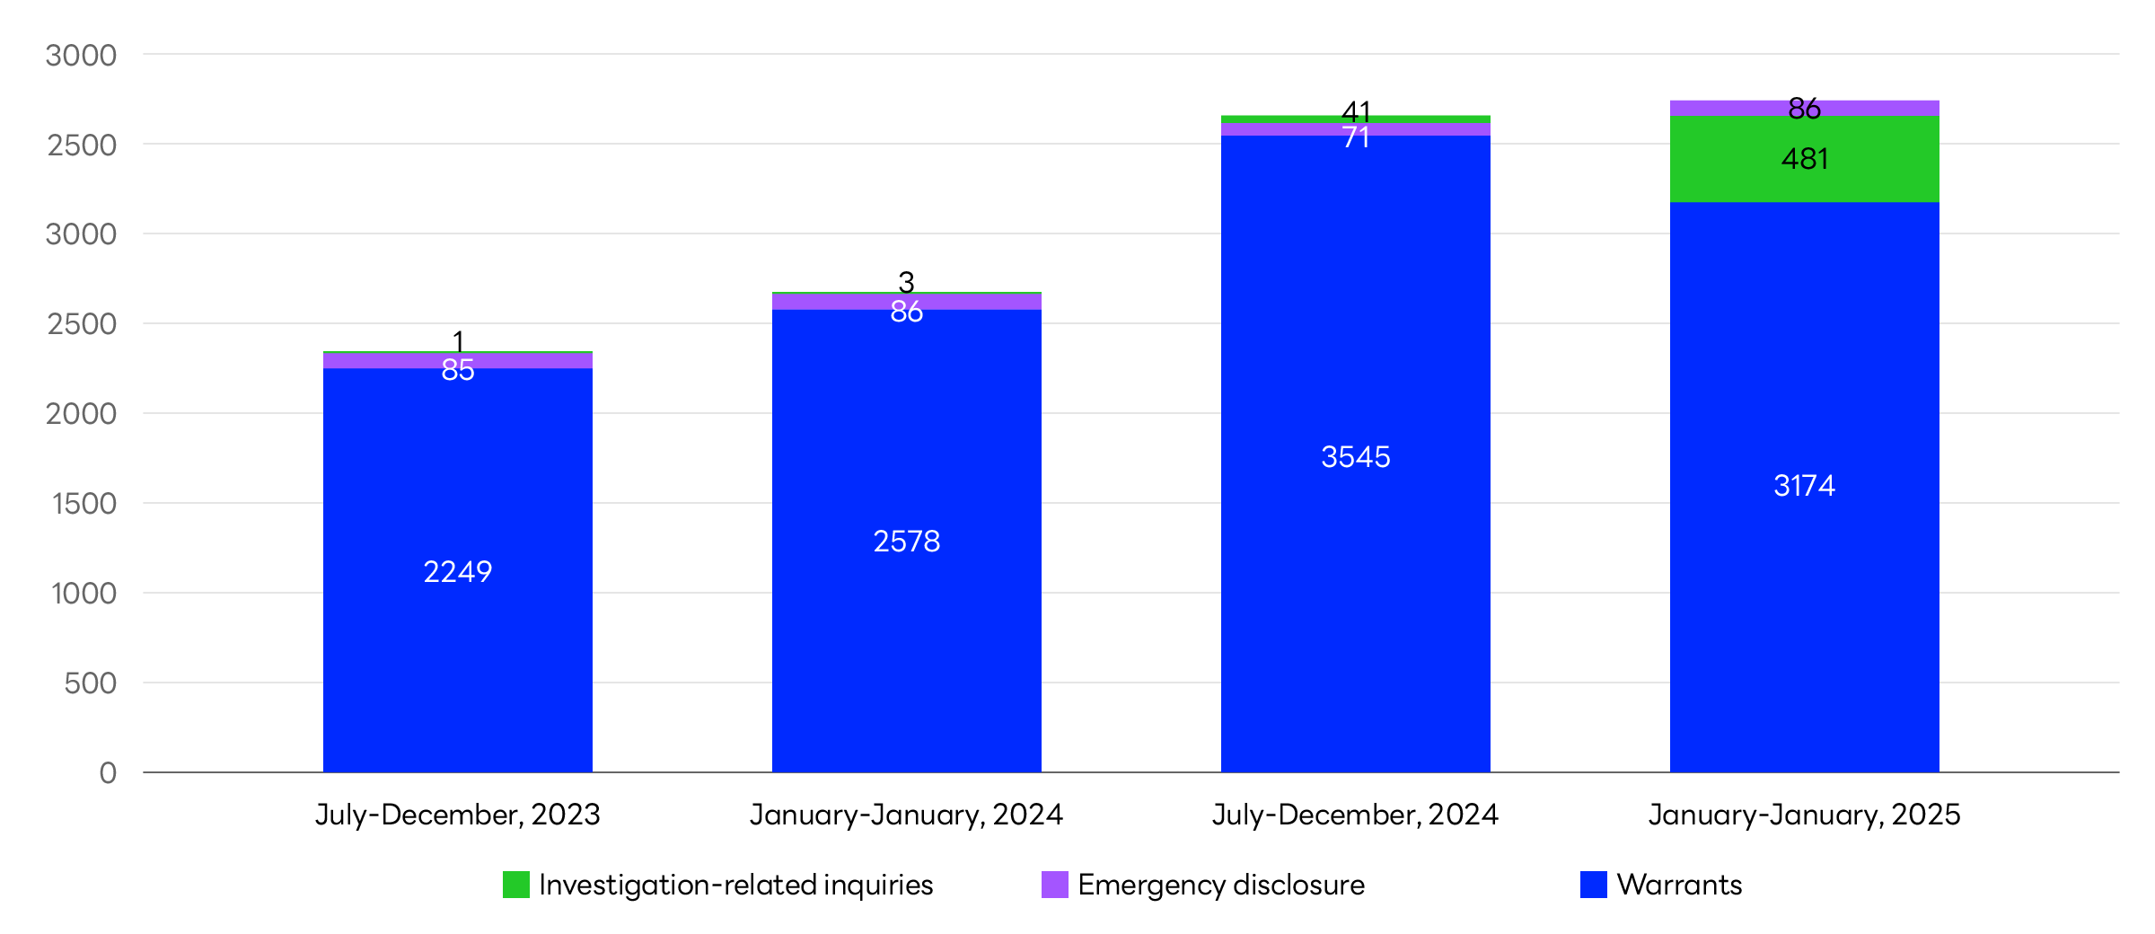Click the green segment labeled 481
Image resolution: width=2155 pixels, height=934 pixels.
[1804, 159]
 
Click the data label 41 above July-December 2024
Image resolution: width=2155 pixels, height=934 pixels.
[1356, 112]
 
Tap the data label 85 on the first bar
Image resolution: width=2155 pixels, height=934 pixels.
[458, 369]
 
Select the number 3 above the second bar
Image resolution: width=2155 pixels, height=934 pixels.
[906, 282]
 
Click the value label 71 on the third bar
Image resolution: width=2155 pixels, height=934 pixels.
[1356, 137]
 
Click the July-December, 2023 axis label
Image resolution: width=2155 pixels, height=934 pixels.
[457, 815]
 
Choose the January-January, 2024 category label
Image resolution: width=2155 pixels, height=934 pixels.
[906, 815]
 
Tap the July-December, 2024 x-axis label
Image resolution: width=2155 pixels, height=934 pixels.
[1355, 815]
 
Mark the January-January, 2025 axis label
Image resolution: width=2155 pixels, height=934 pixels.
[1804, 815]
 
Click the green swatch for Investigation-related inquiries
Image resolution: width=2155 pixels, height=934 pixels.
[516, 885]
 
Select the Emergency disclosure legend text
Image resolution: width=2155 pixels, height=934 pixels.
[1220, 885]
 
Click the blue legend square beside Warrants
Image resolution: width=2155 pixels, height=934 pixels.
[1593, 885]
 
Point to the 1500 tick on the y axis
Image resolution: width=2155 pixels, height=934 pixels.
[84, 503]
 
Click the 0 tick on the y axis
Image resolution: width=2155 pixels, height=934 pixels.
[108, 772]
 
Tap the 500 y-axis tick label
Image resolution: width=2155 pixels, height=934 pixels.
[90, 683]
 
